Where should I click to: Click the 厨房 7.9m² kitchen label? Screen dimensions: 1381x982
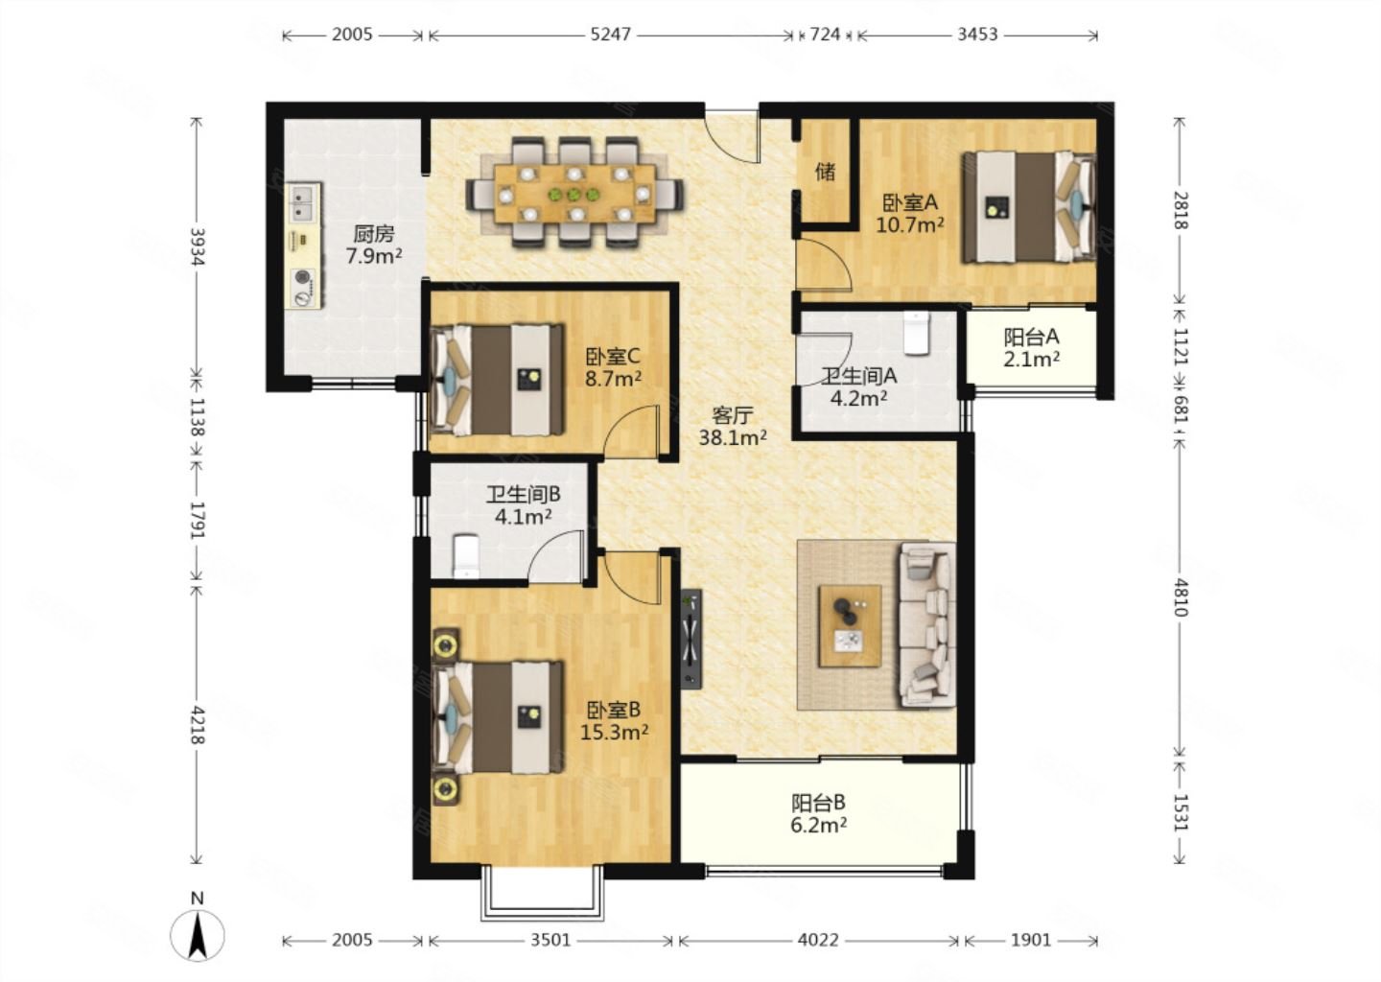pyautogui.click(x=374, y=245)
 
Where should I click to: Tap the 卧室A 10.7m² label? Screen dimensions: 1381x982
pyautogui.click(x=910, y=213)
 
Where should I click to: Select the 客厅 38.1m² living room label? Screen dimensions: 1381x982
pyautogui.click(x=733, y=426)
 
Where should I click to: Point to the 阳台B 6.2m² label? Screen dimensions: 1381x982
pyautogui.click(x=819, y=814)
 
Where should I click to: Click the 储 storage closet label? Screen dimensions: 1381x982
pyautogui.click(x=825, y=172)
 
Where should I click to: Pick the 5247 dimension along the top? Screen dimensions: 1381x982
pyautogui.click(x=610, y=34)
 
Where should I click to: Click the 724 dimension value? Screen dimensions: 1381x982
pyautogui.click(x=825, y=34)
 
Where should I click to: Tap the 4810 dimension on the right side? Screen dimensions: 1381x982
pyautogui.click(x=1181, y=596)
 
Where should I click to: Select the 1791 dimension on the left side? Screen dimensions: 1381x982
pyautogui.click(x=198, y=521)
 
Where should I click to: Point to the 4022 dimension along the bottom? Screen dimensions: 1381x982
pyautogui.click(x=818, y=940)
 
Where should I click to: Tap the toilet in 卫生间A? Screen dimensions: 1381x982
pyautogui.click(x=916, y=333)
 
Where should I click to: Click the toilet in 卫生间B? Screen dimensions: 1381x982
pyautogui.click(x=466, y=556)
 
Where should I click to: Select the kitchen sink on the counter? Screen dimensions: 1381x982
pyautogui.click(x=302, y=202)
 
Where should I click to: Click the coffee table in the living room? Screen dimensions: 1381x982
pyautogui.click(x=850, y=625)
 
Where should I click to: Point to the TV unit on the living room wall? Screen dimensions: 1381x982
pyautogui.click(x=691, y=639)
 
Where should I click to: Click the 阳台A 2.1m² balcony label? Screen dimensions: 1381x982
pyautogui.click(x=1032, y=348)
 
